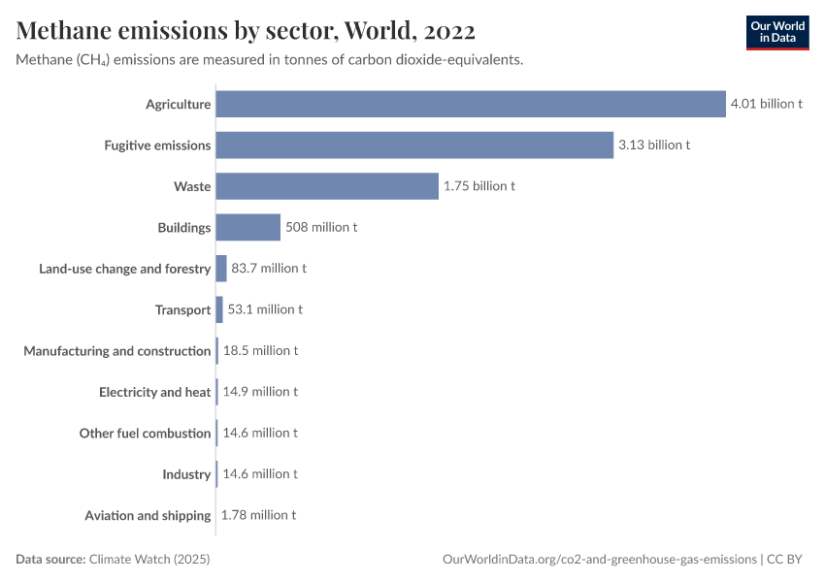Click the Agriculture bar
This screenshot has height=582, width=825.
471,104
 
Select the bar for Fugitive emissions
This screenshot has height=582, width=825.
414,145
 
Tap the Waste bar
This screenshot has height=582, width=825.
327,186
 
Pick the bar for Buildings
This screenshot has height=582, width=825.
247,227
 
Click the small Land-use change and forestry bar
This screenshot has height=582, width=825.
221,269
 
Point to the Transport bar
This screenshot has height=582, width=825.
219,309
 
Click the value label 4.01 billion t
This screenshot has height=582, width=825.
767,104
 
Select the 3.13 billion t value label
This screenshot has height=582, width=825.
654,145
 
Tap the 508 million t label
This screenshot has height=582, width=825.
321,227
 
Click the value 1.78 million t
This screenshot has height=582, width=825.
258,515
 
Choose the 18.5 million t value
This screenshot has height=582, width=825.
260,350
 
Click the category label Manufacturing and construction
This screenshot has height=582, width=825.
117,351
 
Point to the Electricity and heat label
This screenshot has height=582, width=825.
155,392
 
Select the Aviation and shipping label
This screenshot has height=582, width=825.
148,515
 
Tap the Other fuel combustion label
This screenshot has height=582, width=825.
145,434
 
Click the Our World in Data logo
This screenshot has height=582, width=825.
776,33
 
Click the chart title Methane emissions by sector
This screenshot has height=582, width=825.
246,31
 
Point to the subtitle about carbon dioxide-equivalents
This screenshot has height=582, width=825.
270,60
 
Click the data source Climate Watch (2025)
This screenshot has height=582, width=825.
148,560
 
